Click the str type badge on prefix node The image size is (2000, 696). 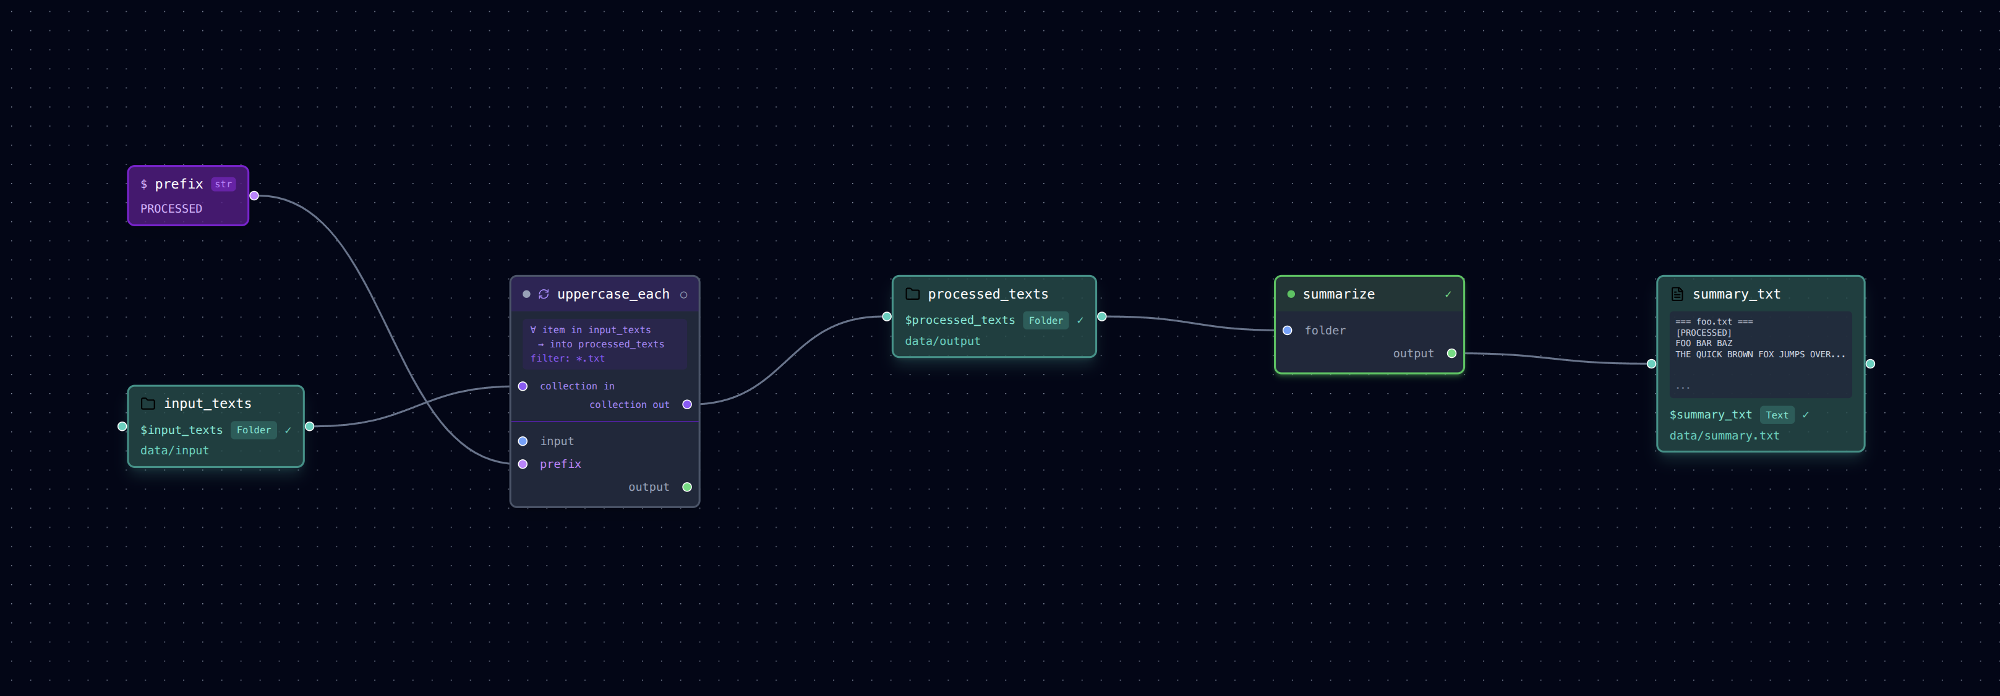pyautogui.click(x=223, y=184)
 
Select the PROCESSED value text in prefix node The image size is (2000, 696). pyautogui.click(x=171, y=209)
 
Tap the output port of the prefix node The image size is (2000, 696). pyautogui.click(x=254, y=195)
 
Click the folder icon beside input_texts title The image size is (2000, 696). pyautogui.click(x=148, y=404)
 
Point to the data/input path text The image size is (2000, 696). pyautogui.click(x=174, y=450)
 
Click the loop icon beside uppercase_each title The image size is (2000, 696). pyautogui.click(x=544, y=294)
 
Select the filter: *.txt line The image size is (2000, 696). pyautogui.click(x=568, y=359)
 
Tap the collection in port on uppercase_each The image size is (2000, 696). pyautogui.click(x=523, y=386)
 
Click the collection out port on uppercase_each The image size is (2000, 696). pyautogui.click(x=687, y=404)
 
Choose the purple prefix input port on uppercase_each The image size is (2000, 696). pyautogui.click(x=523, y=464)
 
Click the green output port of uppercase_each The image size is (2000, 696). pyautogui.click(x=687, y=487)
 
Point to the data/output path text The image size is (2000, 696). pyautogui.click(x=942, y=341)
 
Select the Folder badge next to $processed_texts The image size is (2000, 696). pyautogui.click(x=1046, y=320)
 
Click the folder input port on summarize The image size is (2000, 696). pyautogui.click(x=1288, y=331)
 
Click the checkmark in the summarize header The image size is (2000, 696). pyautogui.click(x=1448, y=294)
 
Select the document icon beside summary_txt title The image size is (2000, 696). pyautogui.click(x=1677, y=294)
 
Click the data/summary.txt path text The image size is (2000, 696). pyautogui.click(x=1724, y=435)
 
